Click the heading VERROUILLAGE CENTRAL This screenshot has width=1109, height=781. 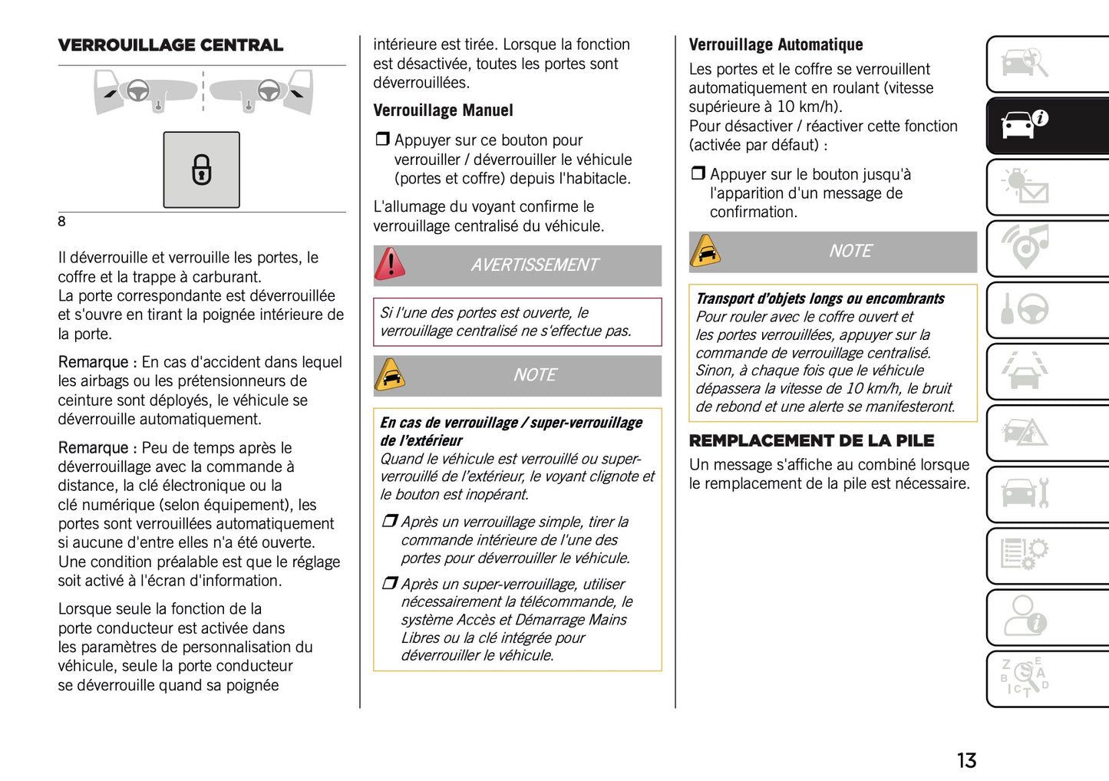(170, 45)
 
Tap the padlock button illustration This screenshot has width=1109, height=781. (201, 170)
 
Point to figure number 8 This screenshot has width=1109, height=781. (62, 222)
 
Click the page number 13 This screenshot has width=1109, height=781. (966, 760)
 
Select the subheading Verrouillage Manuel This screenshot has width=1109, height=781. (443, 110)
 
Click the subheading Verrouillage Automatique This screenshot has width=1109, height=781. (775, 44)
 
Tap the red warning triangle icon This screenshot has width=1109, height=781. (391, 265)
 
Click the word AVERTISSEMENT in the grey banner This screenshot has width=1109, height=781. (534, 265)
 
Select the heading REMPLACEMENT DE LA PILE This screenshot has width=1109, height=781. (811, 440)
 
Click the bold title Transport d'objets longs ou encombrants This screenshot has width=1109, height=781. (820, 298)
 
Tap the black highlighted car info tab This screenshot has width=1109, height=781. (1047, 125)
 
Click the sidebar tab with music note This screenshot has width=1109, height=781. (1047, 248)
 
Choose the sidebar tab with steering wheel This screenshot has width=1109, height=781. (1047, 309)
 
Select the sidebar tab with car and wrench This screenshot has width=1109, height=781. (1047, 493)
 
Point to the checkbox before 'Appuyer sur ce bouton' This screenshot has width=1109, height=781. (382, 140)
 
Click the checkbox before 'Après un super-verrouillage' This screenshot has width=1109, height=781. (390, 584)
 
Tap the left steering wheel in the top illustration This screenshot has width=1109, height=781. (138, 90)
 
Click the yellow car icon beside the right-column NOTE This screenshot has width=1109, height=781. (705, 252)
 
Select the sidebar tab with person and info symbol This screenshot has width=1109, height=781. (1047, 616)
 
